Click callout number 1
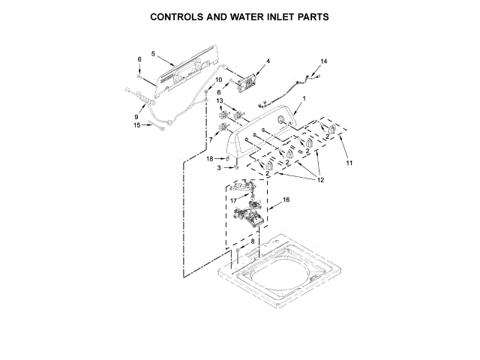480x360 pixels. coord(304,99)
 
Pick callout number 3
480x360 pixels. coord(219,168)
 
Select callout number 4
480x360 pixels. coord(268,60)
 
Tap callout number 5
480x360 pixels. coord(152,53)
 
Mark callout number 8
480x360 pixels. coord(252,241)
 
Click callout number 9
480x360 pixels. coord(136,117)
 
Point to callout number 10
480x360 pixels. coord(219,79)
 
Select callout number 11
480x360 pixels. coord(349,163)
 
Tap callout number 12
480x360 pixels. coord(320,180)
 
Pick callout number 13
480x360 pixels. coord(220,100)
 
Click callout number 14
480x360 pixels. coord(324,61)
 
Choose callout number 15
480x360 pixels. coord(136,125)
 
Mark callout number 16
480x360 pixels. coord(285,200)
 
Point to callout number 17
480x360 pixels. coord(233,200)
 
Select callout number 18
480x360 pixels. coord(210,158)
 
